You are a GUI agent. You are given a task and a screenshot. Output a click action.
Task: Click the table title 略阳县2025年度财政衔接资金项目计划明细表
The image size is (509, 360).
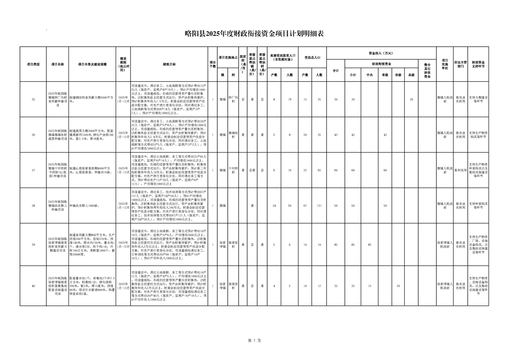254,33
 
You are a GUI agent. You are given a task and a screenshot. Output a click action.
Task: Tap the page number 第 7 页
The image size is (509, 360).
254,340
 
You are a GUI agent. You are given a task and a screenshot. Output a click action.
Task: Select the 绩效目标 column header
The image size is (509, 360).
169,64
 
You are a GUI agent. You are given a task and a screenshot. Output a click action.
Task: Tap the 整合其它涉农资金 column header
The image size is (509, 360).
427,71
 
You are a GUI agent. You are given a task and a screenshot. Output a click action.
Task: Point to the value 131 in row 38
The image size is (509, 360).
319,206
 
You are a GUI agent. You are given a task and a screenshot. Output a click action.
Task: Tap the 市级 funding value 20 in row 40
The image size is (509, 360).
398,286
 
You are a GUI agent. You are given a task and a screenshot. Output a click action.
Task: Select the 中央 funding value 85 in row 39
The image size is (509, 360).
369,246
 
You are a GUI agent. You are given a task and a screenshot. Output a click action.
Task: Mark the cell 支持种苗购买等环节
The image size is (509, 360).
478,206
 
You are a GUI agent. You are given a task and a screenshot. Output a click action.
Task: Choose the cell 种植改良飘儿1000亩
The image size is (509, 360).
84,206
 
